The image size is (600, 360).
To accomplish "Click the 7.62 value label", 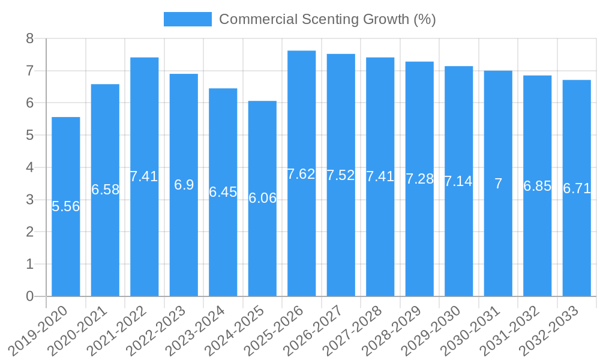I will [301, 174].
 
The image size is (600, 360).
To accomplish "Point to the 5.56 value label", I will [66, 206].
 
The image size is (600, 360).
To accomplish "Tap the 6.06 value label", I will [263, 198].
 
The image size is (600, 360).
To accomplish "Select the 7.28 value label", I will [419, 179].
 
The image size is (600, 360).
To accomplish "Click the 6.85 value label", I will [538, 186].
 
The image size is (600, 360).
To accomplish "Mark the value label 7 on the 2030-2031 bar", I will [498, 184].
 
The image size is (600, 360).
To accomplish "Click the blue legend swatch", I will [188, 19].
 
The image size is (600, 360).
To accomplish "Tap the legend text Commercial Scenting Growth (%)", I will [327, 19].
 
